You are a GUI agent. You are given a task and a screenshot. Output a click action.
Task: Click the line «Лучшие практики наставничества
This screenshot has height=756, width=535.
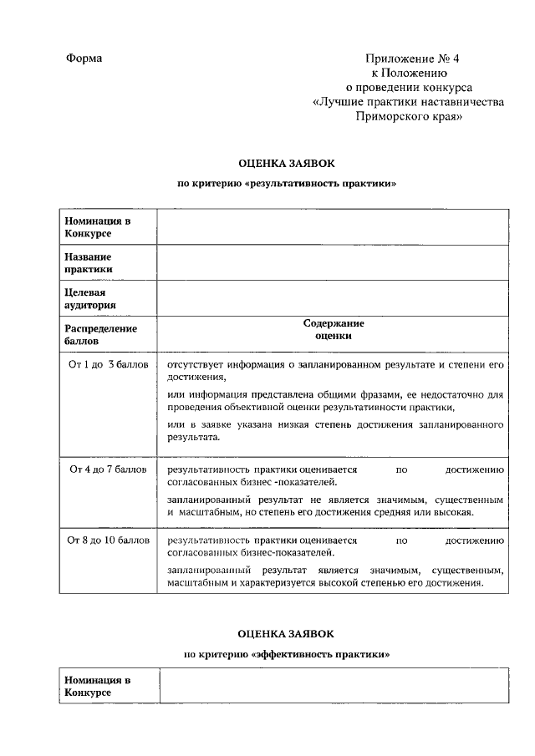(x=409, y=102)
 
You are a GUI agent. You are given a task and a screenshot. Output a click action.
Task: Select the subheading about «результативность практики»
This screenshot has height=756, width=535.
(x=287, y=183)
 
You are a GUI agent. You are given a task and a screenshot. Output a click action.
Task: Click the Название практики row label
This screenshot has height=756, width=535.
(x=88, y=263)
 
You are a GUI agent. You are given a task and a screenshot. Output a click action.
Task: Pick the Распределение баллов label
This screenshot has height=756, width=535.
(x=100, y=335)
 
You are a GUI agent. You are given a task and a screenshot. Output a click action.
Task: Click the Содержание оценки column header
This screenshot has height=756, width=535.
(x=334, y=330)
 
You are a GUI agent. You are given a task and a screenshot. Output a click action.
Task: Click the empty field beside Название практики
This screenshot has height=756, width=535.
(x=332, y=263)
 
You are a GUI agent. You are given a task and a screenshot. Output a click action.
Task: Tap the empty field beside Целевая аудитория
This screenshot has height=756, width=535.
(x=332, y=299)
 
